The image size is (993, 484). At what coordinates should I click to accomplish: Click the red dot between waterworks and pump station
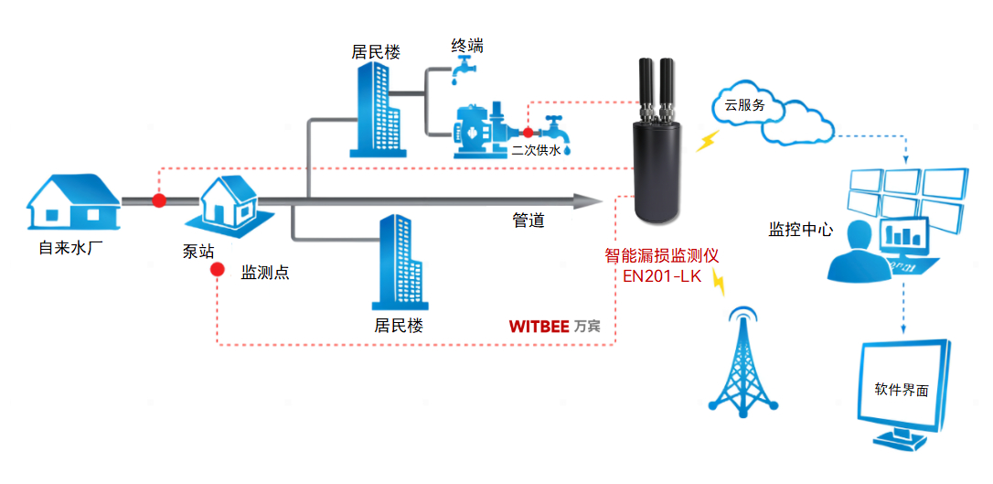coord(159,200)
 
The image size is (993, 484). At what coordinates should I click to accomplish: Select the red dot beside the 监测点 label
coord(218,271)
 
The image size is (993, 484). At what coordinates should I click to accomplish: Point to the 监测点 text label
coord(265,272)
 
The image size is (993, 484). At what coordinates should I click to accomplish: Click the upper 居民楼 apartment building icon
coord(372,110)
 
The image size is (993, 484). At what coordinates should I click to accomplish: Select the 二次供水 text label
coord(535,150)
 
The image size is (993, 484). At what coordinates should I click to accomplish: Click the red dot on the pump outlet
coord(528,133)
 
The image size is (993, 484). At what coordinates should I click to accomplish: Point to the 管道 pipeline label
coord(529,220)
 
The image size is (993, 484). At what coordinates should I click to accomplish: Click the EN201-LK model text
coord(661,276)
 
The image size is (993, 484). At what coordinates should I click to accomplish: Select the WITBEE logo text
coord(539,326)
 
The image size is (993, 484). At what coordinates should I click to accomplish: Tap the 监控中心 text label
coord(800,229)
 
